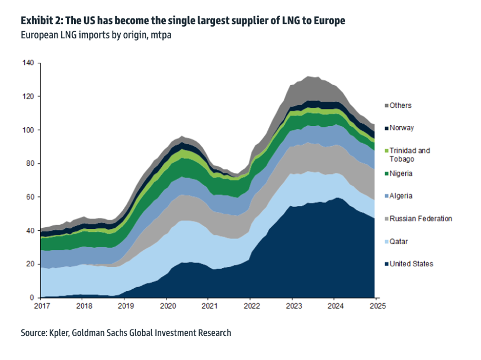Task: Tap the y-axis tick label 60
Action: click(x=30, y=197)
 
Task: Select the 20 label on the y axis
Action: click(x=30, y=264)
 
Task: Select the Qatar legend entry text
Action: click(x=398, y=241)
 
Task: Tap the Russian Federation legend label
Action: click(x=421, y=218)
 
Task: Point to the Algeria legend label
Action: click(x=401, y=196)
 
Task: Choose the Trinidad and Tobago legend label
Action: click(x=410, y=154)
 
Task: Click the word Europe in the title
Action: click(x=330, y=21)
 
